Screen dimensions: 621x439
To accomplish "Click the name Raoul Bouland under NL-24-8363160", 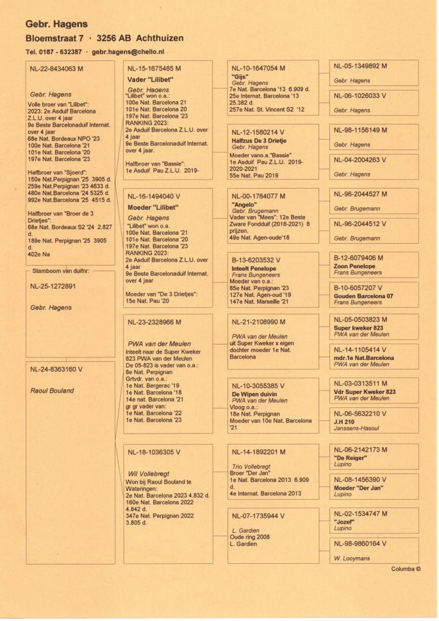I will click(52, 391).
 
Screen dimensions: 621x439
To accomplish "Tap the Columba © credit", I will click(405, 568).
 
